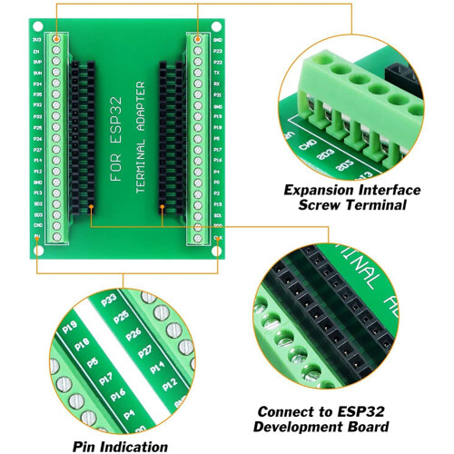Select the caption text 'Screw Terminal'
[x=352, y=205]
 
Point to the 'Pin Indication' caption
[x=120, y=446]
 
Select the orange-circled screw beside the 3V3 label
[x=57, y=41]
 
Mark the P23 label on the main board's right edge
[x=218, y=52]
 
